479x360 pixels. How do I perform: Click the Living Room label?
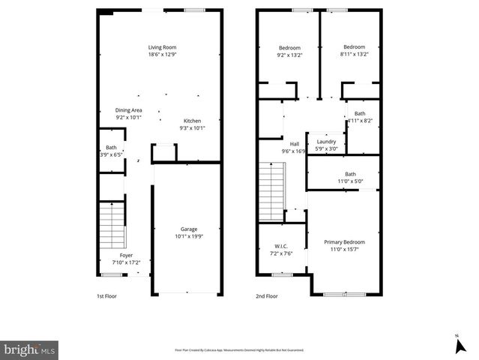162,46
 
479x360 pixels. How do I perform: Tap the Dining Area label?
128,110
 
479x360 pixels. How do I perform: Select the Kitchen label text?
193,121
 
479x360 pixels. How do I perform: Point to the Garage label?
188,229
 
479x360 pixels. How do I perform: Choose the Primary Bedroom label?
344,241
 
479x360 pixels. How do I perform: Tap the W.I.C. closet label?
281,245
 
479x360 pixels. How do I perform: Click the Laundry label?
326,141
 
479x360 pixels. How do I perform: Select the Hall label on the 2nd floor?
294,143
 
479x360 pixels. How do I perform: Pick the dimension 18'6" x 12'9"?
162,54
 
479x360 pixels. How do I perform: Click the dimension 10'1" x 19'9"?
188,236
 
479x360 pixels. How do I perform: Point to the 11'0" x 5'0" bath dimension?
350,181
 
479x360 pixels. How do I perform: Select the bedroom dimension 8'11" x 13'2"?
354,54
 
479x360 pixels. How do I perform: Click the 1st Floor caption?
107,296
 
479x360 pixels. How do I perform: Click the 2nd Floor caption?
267,296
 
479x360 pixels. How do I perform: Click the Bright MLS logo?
29,349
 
